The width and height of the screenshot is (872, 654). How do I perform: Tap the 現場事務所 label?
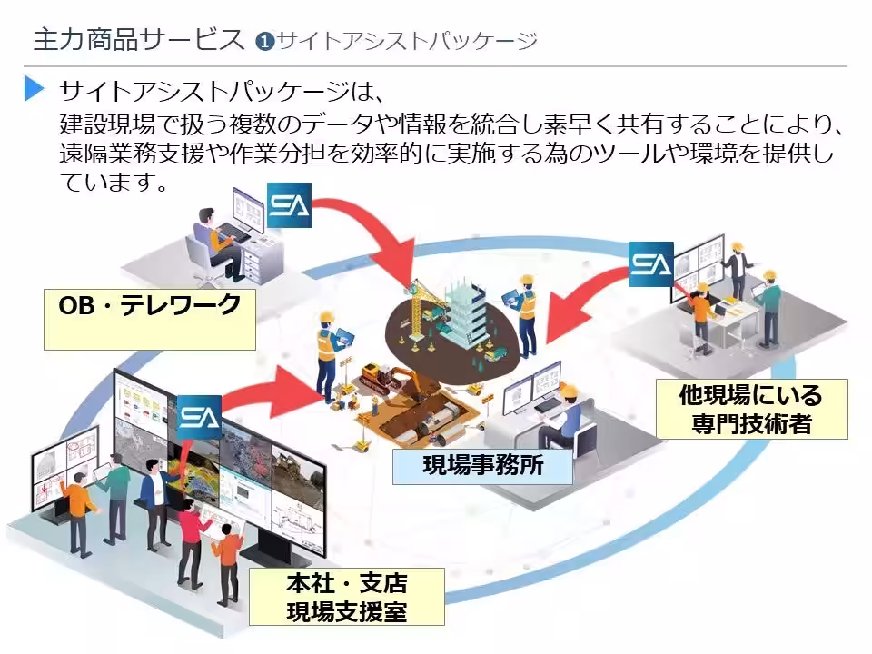click(x=482, y=468)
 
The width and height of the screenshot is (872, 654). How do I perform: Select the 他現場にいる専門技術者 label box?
click(x=750, y=410)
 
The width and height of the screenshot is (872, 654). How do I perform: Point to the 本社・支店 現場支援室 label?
click(x=346, y=597)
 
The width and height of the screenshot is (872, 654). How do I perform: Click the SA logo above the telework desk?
click(x=289, y=206)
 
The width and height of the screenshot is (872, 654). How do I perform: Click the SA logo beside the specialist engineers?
click(x=650, y=264)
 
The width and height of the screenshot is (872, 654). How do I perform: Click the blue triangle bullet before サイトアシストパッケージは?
click(x=35, y=89)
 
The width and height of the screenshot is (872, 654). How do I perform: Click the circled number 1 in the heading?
click(x=264, y=42)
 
